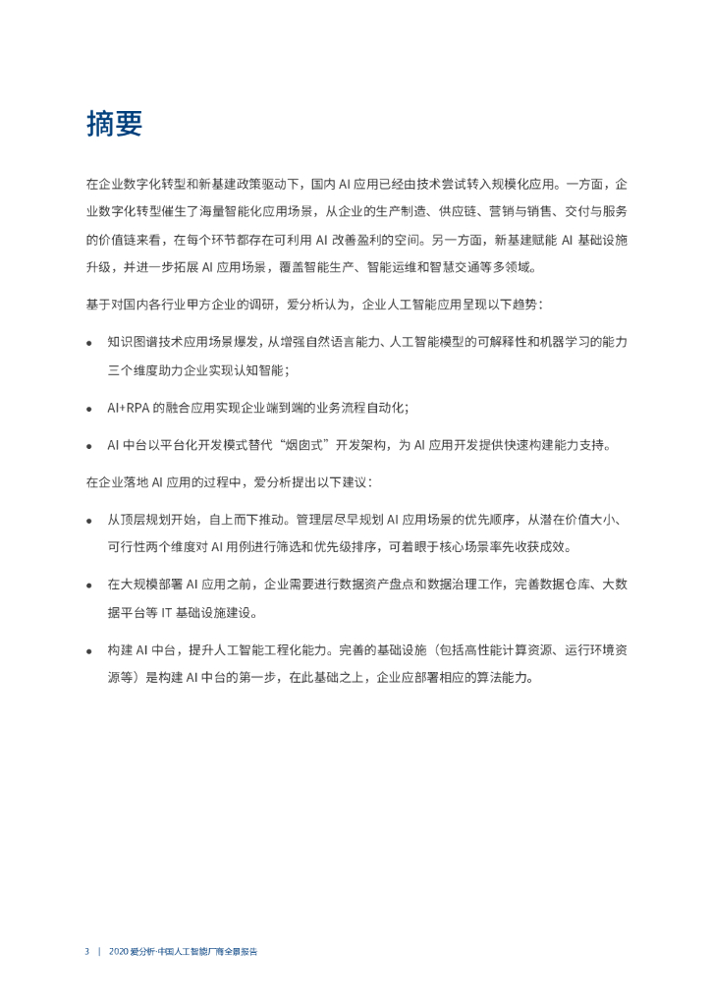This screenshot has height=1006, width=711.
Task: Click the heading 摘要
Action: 114,124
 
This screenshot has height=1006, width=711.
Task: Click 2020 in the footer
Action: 119,952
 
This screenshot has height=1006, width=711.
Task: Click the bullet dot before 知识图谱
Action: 89,343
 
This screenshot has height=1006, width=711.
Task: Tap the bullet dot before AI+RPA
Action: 89,408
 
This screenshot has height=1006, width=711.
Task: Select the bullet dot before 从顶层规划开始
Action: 89,520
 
